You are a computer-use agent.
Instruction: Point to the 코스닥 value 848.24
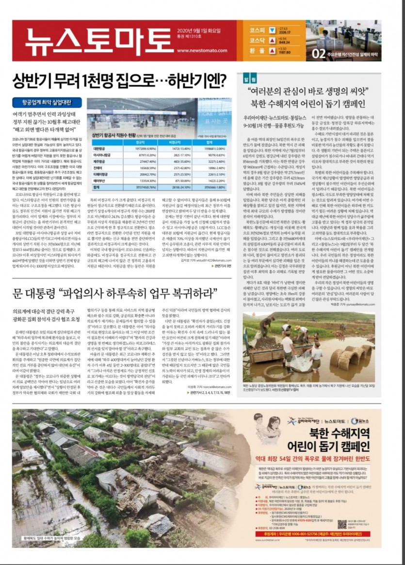tap(284, 42)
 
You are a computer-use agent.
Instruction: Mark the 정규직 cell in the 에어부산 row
tap(145, 180)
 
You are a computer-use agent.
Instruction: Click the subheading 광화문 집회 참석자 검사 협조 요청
tap(46, 319)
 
